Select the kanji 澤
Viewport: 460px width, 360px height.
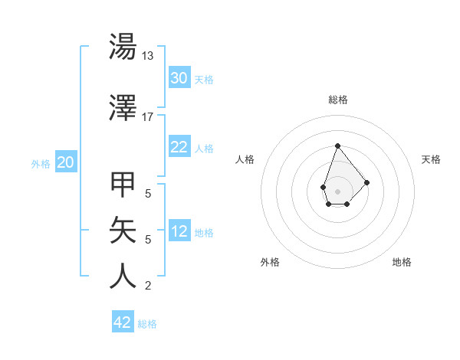coord(123,108)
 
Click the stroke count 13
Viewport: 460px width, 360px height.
coord(148,56)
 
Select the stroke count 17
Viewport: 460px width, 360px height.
coord(148,117)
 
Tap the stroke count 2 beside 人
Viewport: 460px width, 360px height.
coord(148,286)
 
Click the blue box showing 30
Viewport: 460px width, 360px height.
coord(179,78)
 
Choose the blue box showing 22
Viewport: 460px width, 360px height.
coord(179,148)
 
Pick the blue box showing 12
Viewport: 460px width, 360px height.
coord(179,232)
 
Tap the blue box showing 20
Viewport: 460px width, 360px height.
coord(66,162)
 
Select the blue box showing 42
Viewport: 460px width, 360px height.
coord(123,322)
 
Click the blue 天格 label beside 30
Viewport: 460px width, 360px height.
coord(204,79)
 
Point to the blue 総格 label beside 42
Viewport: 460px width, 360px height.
coord(147,324)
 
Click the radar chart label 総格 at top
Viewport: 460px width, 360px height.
coord(337,100)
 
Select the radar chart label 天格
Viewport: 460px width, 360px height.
coord(431,159)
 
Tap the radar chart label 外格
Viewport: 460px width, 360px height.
coord(270,262)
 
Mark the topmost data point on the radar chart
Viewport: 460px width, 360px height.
coord(337,146)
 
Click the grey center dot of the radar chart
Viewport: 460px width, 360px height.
coord(337,190)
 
